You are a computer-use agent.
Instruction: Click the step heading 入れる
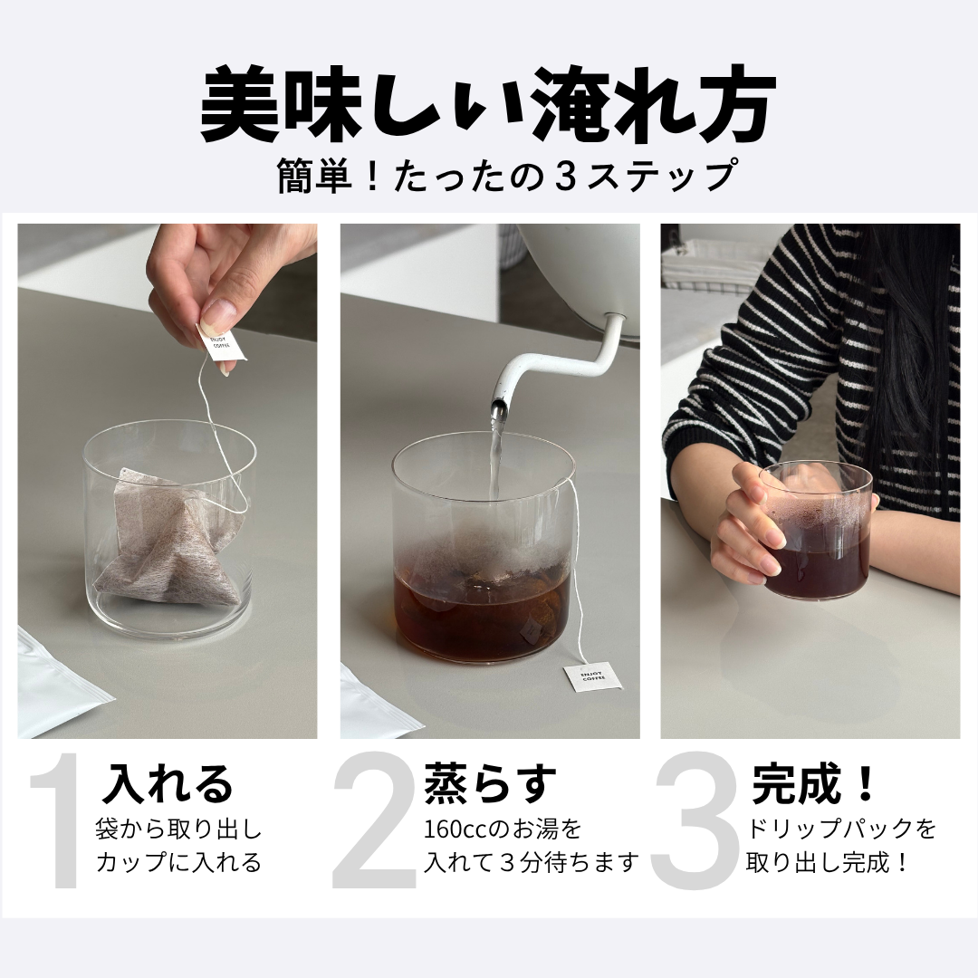(168, 784)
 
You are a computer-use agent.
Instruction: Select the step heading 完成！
(814, 784)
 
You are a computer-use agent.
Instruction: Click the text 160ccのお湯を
(502, 829)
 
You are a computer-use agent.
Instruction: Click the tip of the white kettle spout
(497, 412)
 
